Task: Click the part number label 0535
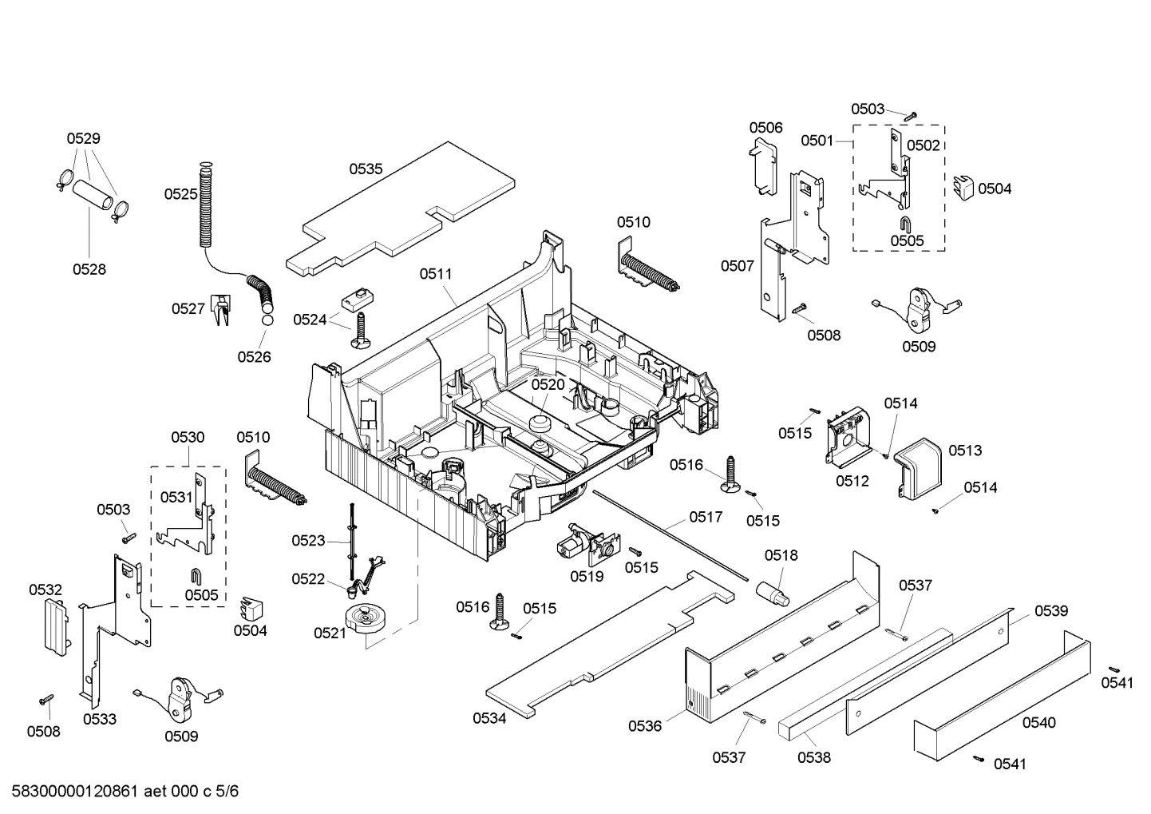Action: [366, 169]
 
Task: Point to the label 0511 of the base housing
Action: [436, 274]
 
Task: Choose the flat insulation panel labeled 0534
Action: [607, 647]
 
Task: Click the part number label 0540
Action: [1038, 723]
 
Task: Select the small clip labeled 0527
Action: [220, 309]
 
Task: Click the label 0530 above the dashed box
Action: [188, 437]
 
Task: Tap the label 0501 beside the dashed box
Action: [817, 141]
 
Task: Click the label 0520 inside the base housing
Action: [548, 384]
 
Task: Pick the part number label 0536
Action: [645, 726]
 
